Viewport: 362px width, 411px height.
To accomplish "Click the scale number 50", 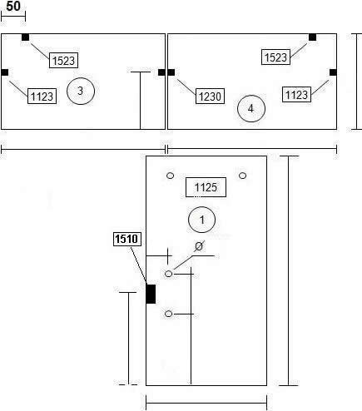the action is coord(13,6).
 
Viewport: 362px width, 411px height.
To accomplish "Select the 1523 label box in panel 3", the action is coord(63,60).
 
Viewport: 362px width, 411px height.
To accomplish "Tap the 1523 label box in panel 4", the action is coord(275,57).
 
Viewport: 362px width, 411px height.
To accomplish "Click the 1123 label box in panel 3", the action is coord(42,97).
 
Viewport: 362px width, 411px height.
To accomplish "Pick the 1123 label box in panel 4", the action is coord(296,95).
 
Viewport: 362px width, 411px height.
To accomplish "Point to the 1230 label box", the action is coord(210,97).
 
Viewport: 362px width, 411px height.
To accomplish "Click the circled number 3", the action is coord(81,91).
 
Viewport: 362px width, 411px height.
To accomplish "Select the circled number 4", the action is coord(251,108).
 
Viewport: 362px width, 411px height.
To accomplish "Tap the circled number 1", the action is coord(201,220).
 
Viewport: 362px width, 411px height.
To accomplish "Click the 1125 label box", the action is coord(206,187).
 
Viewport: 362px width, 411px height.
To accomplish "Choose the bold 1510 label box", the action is coord(127,239).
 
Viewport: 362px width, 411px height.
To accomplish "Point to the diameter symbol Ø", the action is coord(199,246).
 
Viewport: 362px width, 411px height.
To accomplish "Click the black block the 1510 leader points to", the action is coord(151,294).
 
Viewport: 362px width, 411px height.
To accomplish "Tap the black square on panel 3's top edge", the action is coord(26,37).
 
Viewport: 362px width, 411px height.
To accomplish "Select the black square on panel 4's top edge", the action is coord(313,37).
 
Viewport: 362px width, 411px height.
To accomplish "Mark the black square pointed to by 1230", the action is coord(171,72).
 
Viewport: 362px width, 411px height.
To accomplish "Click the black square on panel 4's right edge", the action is coord(333,72).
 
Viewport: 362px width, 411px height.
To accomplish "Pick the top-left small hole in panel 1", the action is coord(171,176).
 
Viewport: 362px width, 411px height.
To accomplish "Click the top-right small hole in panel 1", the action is coord(243,176).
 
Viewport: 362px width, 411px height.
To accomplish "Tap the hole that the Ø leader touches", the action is coord(169,274).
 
